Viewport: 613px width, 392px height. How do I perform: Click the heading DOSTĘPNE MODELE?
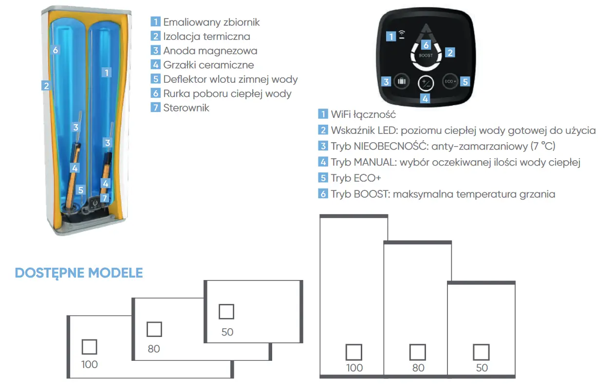(x=79, y=273)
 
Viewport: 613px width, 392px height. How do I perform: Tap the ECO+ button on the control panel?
(x=450, y=81)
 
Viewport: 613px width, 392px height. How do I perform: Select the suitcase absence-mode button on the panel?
(x=401, y=81)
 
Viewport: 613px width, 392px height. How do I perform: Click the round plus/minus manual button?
(x=426, y=83)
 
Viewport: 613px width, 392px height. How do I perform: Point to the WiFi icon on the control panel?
(x=402, y=35)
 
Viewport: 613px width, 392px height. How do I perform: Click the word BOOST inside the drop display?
(x=426, y=56)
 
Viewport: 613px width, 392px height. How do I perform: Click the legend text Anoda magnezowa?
(x=210, y=51)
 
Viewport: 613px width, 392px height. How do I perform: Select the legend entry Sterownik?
(x=186, y=108)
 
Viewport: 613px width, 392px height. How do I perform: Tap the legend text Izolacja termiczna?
(x=206, y=36)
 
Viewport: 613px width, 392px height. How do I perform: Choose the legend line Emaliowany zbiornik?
(x=211, y=22)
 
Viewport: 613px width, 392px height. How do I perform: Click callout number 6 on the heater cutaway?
(x=56, y=50)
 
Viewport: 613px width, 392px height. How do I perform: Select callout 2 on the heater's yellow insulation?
(x=46, y=86)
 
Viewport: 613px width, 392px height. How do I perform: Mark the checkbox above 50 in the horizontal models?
(x=226, y=312)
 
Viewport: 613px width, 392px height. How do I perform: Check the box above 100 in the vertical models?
(x=354, y=352)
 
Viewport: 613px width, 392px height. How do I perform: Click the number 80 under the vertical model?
(x=418, y=368)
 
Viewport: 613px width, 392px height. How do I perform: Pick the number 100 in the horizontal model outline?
(x=90, y=364)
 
